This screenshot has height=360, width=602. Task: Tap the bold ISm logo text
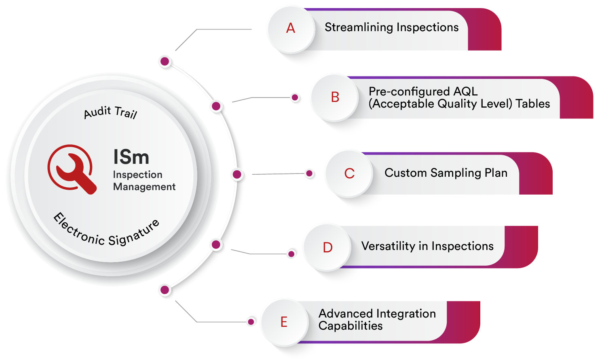click(131, 157)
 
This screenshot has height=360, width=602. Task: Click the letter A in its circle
click(291, 28)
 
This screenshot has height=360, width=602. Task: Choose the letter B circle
click(335, 97)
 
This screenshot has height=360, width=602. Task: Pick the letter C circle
click(349, 174)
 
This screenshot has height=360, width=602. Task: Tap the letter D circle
click(327, 247)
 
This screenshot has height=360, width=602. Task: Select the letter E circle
click(284, 322)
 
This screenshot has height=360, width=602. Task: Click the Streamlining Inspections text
click(391, 28)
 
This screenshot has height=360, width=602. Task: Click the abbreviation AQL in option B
click(465, 91)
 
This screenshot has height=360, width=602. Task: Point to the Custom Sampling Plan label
click(446, 173)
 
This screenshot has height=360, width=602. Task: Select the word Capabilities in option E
click(350, 326)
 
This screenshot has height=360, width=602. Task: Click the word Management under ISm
click(144, 187)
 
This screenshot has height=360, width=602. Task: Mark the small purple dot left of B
click(295, 97)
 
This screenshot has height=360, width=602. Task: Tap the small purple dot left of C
click(309, 174)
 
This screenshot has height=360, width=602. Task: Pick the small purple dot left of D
click(291, 254)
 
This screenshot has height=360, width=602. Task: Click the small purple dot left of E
click(251, 322)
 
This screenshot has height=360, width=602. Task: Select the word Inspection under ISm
click(137, 175)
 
